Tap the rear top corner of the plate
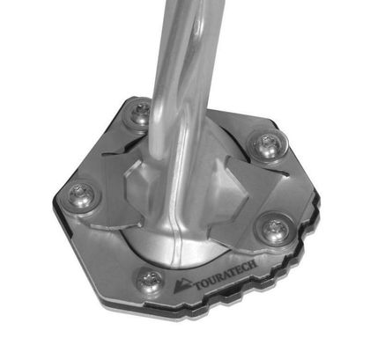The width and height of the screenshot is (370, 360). coord(132,97)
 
